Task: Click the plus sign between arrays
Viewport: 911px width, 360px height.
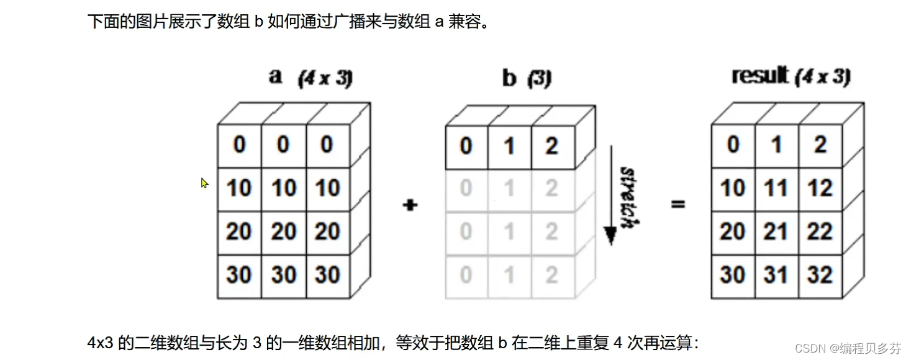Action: (x=410, y=205)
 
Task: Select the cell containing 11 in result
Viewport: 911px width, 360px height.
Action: (x=776, y=188)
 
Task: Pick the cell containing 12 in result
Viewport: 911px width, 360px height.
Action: (x=820, y=188)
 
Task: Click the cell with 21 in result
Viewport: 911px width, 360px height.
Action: (x=776, y=232)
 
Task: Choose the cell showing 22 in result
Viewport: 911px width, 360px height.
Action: (x=820, y=232)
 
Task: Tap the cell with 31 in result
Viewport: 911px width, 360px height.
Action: (x=776, y=275)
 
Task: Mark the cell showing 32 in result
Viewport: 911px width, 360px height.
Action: (x=820, y=275)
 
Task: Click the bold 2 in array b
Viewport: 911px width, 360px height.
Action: (x=551, y=146)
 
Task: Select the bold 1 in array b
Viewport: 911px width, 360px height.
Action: (x=509, y=146)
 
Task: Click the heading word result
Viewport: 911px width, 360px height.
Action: (x=760, y=76)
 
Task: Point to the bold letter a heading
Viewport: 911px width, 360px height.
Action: (x=276, y=77)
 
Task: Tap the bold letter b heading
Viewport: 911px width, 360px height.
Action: (x=509, y=78)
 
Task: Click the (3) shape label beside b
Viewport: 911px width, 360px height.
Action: (x=539, y=79)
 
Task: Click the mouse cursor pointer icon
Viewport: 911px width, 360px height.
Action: (x=204, y=183)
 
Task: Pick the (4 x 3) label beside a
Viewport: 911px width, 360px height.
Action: (x=325, y=79)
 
